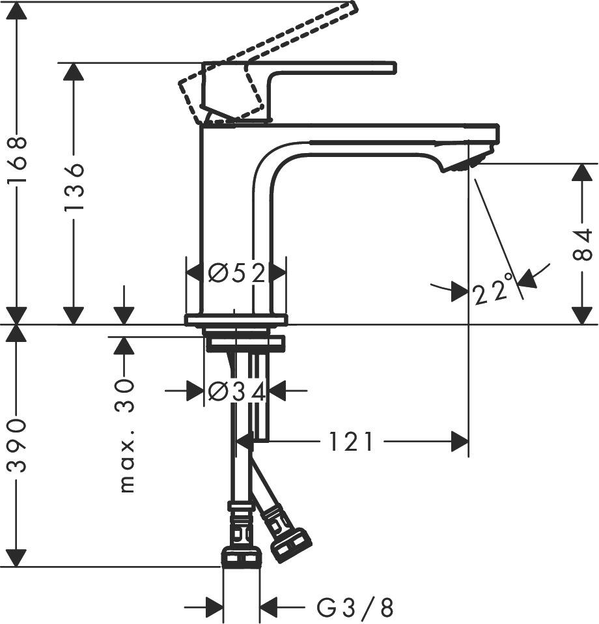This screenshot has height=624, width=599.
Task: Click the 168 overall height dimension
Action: [x=17, y=160]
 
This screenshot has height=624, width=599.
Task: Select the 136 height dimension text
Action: [x=74, y=186]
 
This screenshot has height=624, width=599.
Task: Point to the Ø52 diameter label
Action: [x=236, y=274]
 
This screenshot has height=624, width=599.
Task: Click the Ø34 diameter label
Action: [x=236, y=391]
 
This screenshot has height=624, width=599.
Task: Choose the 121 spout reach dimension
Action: [x=352, y=442]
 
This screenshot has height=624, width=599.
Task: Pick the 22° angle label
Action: [x=492, y=291]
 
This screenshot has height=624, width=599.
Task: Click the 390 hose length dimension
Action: [x=17, y=446]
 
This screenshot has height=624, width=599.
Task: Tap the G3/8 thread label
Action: [x=355, y=608]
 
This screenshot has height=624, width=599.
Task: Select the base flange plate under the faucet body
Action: [x=236, y=320]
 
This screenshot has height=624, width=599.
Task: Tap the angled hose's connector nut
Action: [x=291, y=545]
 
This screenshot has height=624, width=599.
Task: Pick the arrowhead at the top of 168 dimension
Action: [x=17, y=10]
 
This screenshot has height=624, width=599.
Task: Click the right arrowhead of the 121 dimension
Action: [x=460, y=442]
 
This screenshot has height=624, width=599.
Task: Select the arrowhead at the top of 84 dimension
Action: [x=582, y=173]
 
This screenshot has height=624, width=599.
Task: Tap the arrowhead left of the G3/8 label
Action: [x=214, y=608]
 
